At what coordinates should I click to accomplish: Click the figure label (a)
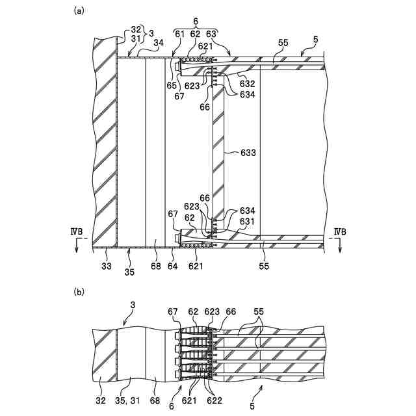click(79, 10)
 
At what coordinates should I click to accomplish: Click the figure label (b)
click(79, 292)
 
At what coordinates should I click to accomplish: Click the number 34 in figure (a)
click(158, 44)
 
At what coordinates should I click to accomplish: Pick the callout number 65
click(170, 84)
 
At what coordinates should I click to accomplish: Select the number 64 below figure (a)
click(174, 265)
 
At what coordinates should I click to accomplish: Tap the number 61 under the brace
click(178, 32)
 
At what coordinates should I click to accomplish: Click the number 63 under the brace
click(211, 32)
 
